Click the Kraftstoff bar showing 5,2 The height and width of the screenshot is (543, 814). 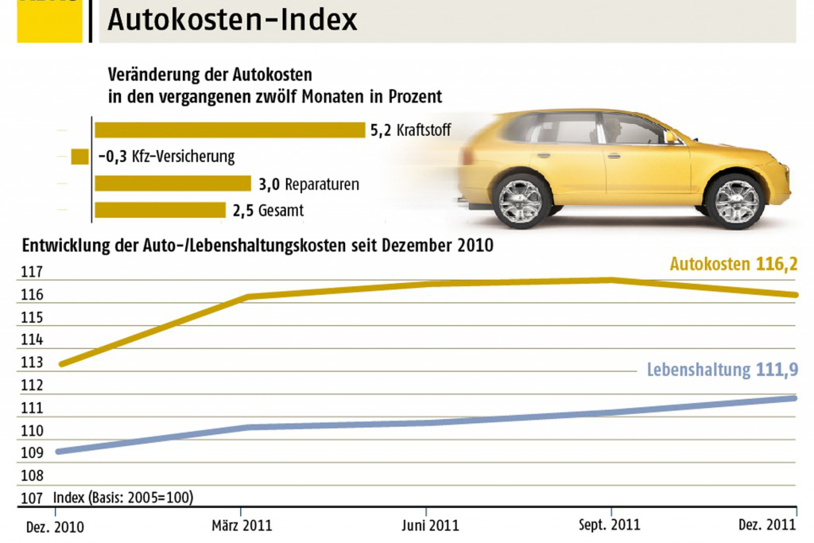(230, 130)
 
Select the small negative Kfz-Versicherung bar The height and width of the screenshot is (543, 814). (79, 157)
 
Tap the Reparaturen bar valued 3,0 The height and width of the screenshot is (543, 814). (172, 184)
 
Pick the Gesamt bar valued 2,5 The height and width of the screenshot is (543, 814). (160, 211)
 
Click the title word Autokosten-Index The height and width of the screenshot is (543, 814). (232, 20)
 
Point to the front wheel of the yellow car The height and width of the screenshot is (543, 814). (735, 200)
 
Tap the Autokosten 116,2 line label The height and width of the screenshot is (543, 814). (733, 264)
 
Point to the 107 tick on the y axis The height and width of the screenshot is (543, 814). (31, 498)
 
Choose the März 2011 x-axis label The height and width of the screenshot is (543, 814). (242, 526)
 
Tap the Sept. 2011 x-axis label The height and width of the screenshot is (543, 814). (610, 526)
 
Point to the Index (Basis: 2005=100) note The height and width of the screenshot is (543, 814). (123, 498)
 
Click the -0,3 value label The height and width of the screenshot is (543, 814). (110, 157)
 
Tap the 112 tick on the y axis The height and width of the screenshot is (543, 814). (31, 386)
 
